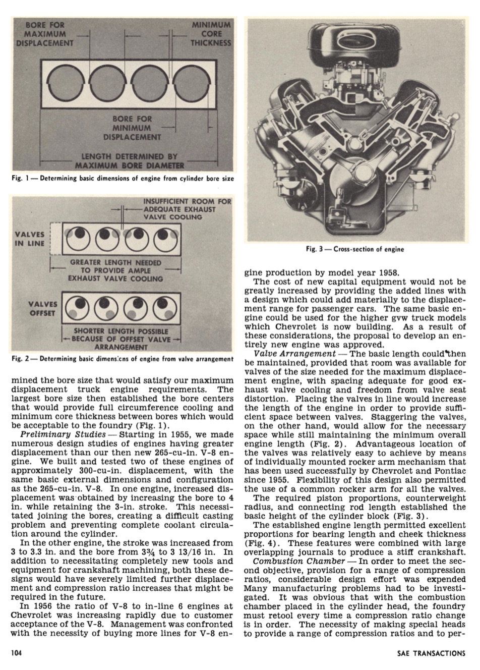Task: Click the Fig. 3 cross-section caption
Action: tap(355, 249)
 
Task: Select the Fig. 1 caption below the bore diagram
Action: tap(123, 178)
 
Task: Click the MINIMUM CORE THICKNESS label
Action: tap(211, 33)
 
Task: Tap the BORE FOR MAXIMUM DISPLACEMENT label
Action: tap(45, 33)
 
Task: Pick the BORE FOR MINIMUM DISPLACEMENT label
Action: tap(132, 128)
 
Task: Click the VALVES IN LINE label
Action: tap(30, 239)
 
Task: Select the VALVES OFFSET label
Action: tap(42, 308)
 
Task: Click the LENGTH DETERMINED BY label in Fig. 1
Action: tap(130, 156)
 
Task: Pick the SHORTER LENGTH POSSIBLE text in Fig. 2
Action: tap(121, 331)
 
